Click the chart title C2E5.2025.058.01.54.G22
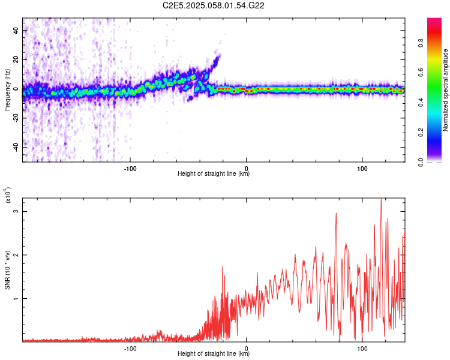coord(214,5)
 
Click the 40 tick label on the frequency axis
coord(14,29)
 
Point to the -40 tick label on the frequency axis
coord(13,147)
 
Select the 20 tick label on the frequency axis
coord(14,59)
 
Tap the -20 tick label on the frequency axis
coord(13,118)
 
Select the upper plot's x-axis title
coord(214,174)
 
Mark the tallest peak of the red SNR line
coord(381,200)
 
